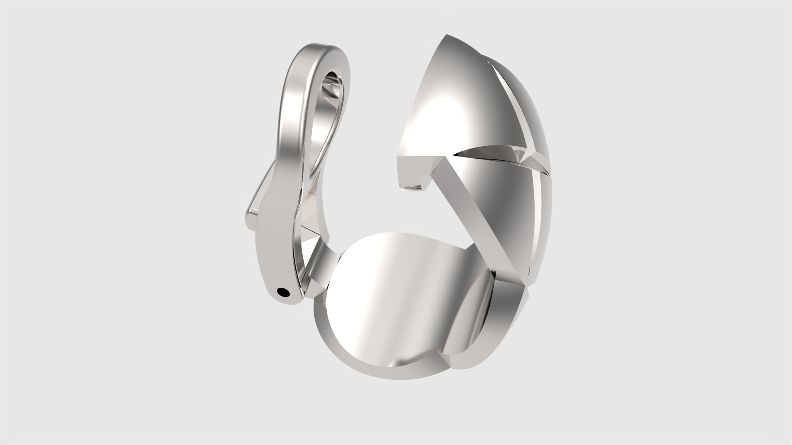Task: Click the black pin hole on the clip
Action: click(283, 293)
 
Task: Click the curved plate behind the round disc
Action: click(470, 321)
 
